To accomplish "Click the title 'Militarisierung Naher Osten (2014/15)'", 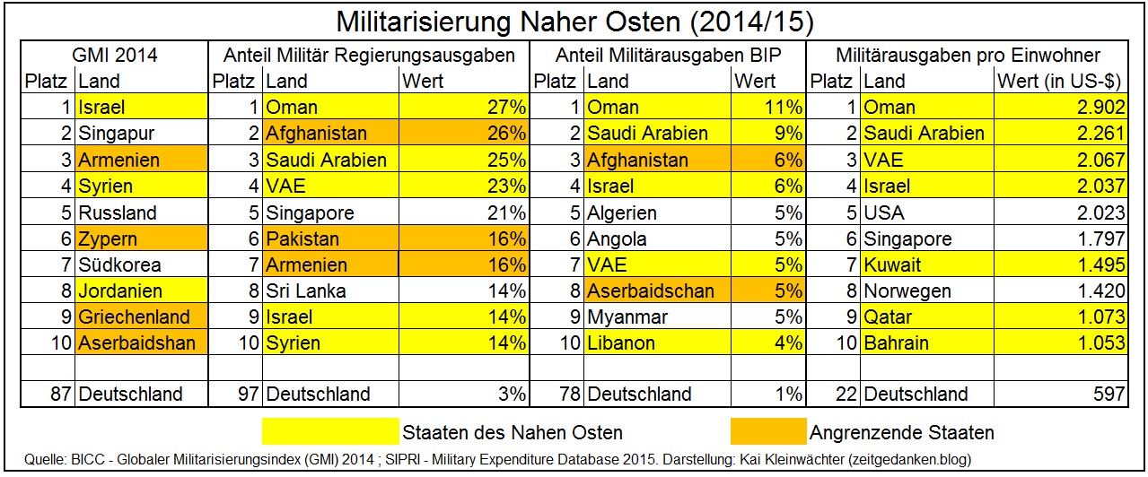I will click(x=574, y=20).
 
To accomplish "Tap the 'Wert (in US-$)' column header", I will click(x=1059, y=82).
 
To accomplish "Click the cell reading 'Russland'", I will click(x=118, y=213).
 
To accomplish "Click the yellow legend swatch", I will click(x=329, y=432).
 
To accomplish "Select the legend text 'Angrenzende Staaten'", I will click(x=902, y=433).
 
